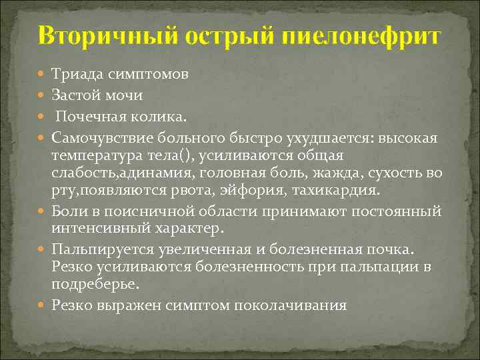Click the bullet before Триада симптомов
[43, 75]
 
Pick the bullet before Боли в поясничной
[43, 211]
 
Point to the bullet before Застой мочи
[43, 95]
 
